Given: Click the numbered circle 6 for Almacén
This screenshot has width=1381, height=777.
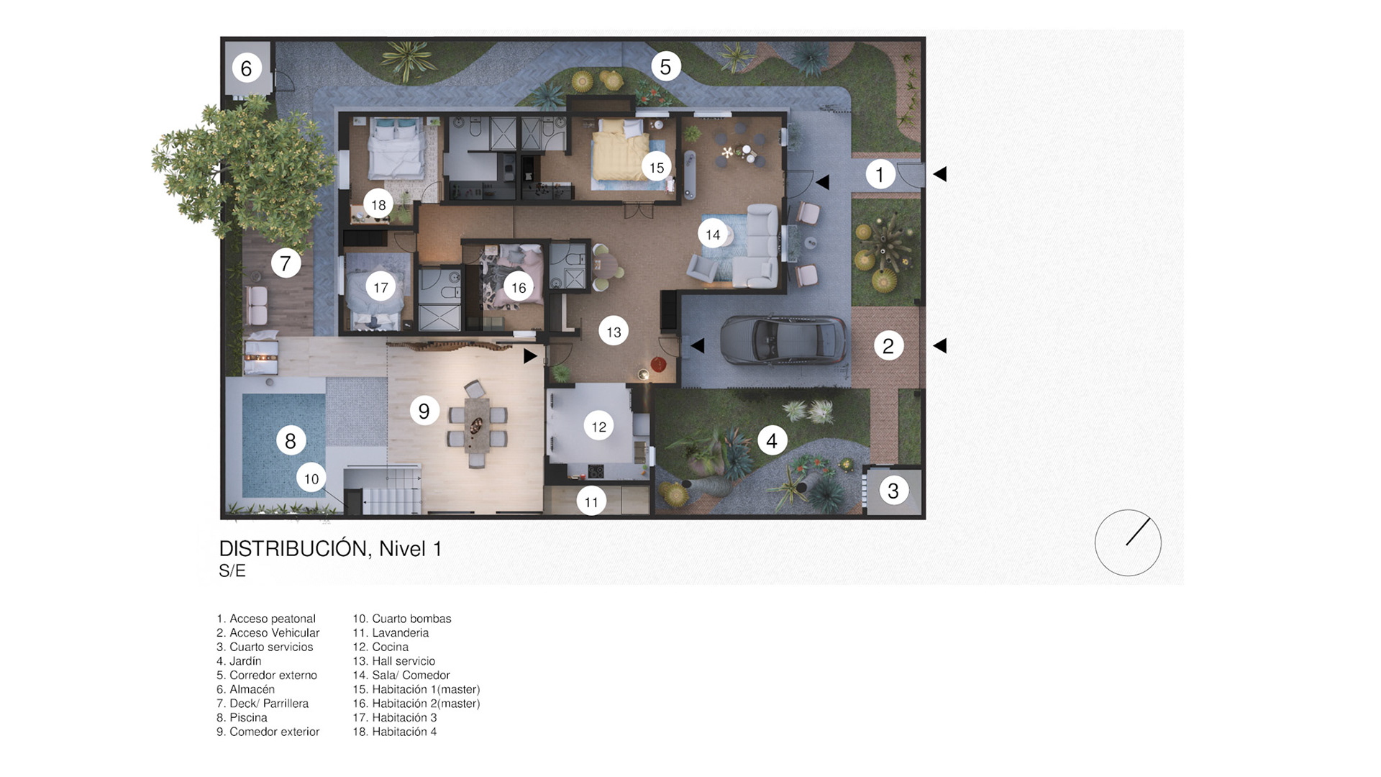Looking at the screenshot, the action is tap(246, 68).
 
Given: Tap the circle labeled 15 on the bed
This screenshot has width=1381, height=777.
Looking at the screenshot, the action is tap(657, 168).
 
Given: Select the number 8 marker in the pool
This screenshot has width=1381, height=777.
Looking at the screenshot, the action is tap(291, 440).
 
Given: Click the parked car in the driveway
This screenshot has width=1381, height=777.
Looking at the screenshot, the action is tap(783, 340).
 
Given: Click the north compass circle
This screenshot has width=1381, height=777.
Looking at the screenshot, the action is tap(1128, 543).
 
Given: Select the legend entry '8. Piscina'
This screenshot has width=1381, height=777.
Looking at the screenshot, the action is tap(242, 717).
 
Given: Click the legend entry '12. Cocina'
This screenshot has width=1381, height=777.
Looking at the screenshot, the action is tap(380, 647).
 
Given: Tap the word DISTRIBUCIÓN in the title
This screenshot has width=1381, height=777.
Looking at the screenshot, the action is tap(295, 548).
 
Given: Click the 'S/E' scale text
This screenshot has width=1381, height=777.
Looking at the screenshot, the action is tap(232, 571).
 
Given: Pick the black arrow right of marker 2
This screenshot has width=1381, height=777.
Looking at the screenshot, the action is tap(939, 346).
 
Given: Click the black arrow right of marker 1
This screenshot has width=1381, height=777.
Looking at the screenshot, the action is tap(939, 174).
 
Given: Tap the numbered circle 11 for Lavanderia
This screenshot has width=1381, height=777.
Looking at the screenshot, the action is tap(591, 501).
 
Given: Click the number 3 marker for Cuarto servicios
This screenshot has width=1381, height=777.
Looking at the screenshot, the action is tap(893, 491).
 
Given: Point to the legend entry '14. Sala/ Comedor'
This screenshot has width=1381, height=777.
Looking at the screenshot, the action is tap(401, 675).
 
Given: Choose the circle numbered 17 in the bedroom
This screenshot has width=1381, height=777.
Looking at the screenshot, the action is tap(380, 288).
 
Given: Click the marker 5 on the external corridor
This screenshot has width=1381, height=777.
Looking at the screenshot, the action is tap(665, 67).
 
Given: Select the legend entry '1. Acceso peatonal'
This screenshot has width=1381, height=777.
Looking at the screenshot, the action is tap(266, 619).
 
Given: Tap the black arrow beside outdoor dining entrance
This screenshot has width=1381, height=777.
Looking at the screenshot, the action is tap(530, 356).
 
